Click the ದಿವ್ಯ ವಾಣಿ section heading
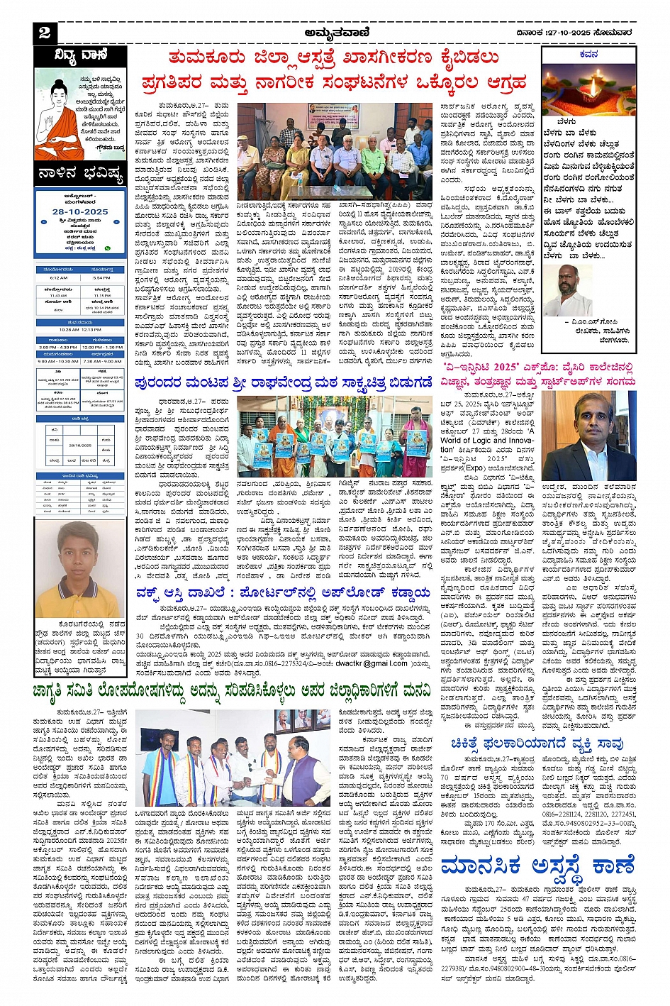[80, 55]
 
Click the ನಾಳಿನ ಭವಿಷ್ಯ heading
[80, 175]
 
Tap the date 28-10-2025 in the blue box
[80, 211]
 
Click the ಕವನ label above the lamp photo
[588, 54]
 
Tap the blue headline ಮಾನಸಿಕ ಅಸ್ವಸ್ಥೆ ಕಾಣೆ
[537, 866]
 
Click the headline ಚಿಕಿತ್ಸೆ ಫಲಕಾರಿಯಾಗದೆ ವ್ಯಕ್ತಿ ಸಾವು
[537, 744]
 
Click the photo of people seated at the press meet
[333, 153]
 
